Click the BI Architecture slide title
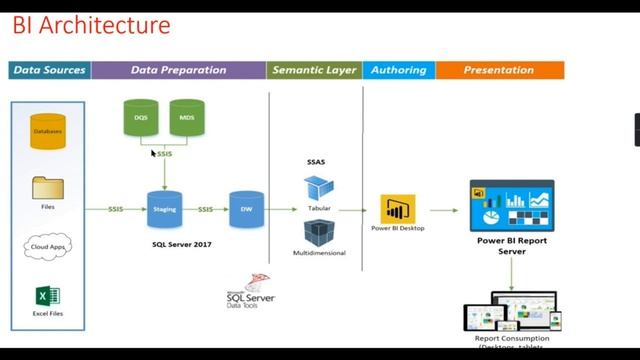point(91,25)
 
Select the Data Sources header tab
point(49,70)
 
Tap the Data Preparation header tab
point(178,70)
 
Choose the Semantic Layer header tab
point(314,70)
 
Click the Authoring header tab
point(398,70)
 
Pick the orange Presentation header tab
point(499,70)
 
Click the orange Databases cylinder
point(47,130)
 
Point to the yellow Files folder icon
point(47,187)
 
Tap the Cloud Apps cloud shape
point(47,245)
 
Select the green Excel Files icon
point(47,297)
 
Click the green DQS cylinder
point(141,118)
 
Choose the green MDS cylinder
point(187,118)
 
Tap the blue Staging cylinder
point(163,210)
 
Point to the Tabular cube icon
point(318,187)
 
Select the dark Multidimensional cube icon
point(318,233)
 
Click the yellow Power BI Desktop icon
point(397,209)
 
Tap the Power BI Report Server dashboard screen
point(512,206)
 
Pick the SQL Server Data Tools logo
point(250,291)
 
